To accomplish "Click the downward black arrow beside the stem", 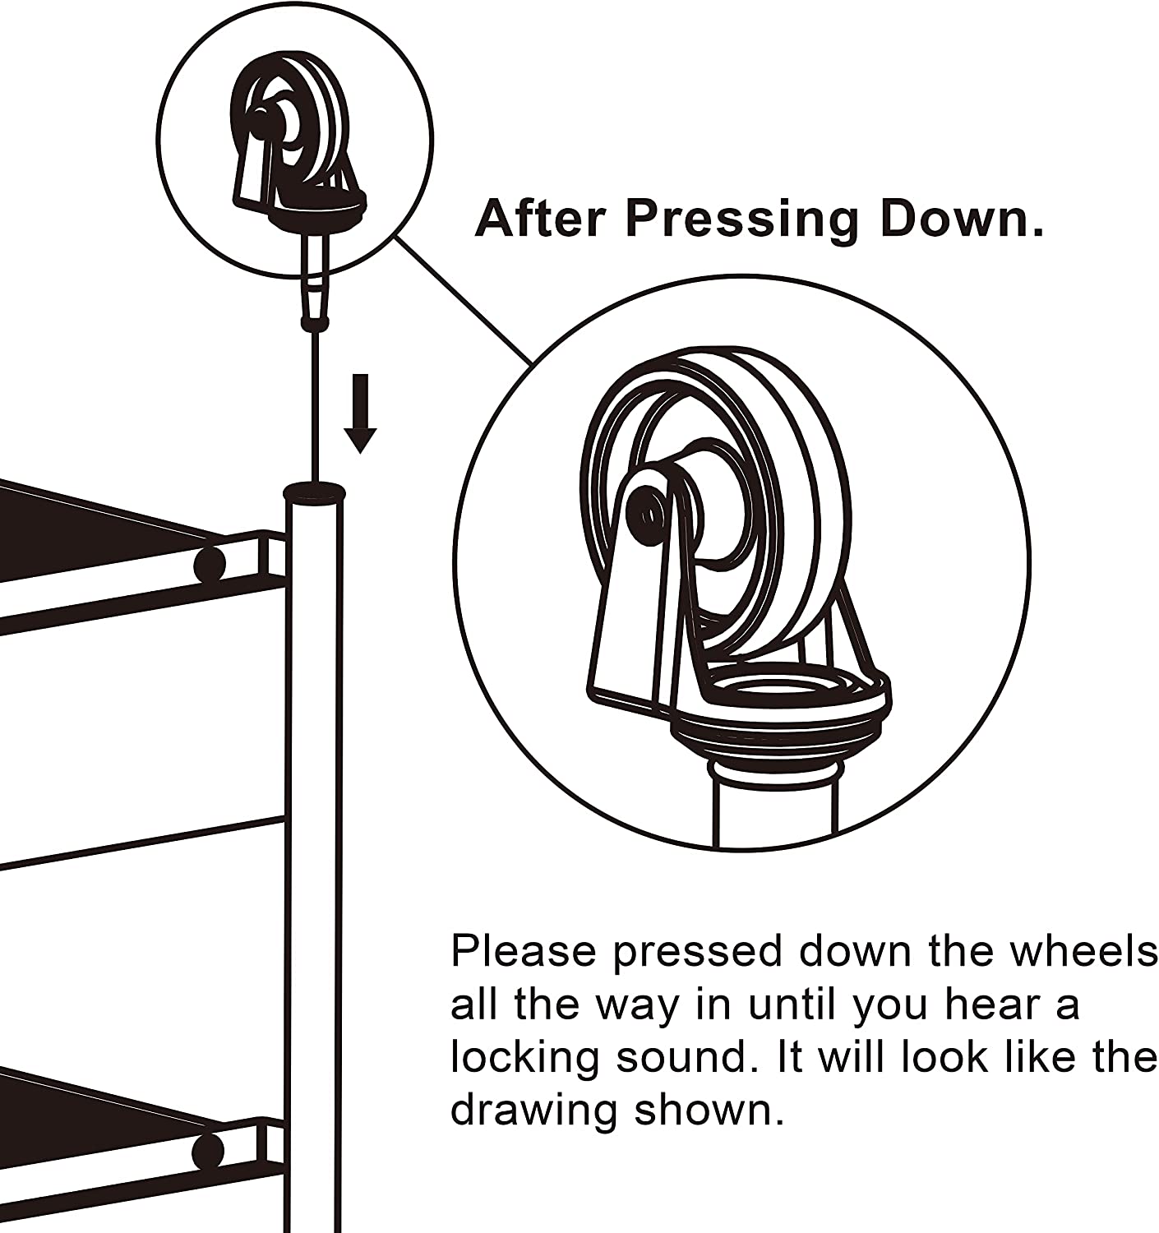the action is pyautogui.click(x=360, y=413).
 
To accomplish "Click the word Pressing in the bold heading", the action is pyautogui.click(x=742, y=221).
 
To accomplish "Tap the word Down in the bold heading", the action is pyautogui.click(x=962, y=219).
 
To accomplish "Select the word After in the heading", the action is pyautogui.click(x=539, y=219).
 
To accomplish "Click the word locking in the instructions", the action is pyautogui.click(x=525, y=1060).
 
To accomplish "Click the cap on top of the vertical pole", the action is pyautogui.click(x=314, y=493).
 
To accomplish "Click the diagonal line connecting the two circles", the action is pyautogui.click(x=464, y=300).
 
